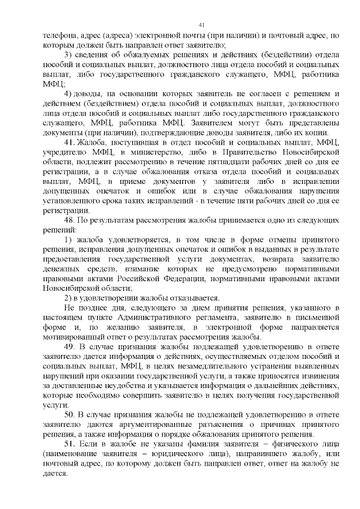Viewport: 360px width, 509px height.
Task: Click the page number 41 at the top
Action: click(202, 24)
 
